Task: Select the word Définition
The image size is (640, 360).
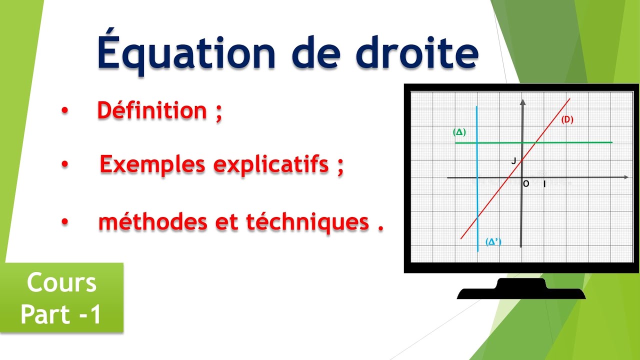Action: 152,110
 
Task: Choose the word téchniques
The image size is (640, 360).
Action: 307,222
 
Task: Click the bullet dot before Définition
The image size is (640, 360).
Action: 64,111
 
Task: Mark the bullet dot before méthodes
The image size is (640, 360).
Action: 64,223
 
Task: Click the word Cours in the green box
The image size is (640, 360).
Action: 61,283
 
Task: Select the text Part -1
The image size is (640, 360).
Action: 61,314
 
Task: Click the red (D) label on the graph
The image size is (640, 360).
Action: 566,119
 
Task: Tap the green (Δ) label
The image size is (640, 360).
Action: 459,132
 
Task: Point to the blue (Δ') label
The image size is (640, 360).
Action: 493,242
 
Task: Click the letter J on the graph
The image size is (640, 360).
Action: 513,161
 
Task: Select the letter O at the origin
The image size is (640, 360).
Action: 526,184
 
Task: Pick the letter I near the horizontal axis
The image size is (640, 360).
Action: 544,184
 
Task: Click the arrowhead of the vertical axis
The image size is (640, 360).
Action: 522,102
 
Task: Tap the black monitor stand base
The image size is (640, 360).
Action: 521,292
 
